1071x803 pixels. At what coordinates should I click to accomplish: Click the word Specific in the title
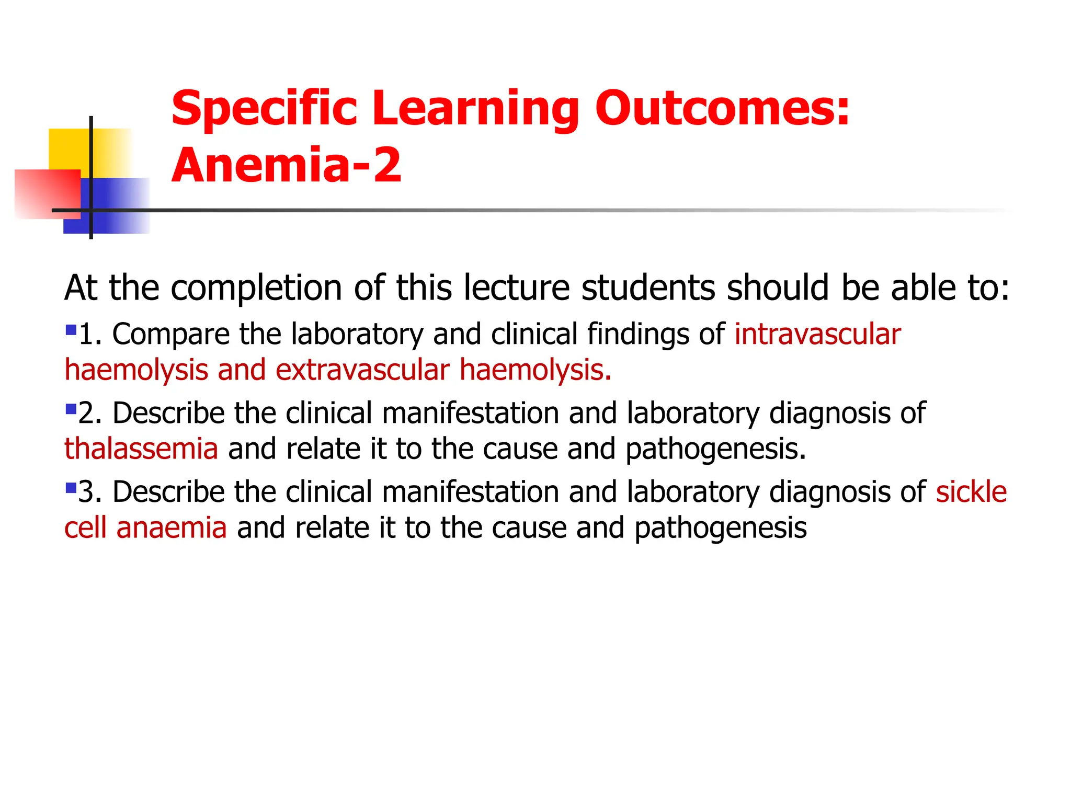[264, 108]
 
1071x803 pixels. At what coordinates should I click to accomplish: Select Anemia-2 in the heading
[286, 165]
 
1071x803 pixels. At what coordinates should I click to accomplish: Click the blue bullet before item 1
[71, 330]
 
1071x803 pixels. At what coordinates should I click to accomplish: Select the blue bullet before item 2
[71, 408]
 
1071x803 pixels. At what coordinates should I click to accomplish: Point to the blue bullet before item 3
[71, 488]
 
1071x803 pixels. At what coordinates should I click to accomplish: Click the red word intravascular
[817, 335]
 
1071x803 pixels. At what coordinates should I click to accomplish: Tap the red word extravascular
[362, 370]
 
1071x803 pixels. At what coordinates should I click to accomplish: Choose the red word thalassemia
[141, 449]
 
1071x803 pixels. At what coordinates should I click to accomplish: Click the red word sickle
[971, 492]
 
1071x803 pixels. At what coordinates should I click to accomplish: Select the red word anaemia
[172, 528]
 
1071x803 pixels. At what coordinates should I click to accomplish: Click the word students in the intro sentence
[648, 288]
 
